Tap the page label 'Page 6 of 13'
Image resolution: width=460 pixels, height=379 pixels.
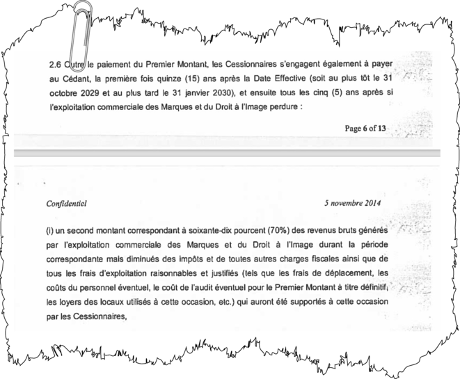tap(367, 129)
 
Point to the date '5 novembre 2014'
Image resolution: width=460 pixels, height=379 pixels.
tap(353, 204)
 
